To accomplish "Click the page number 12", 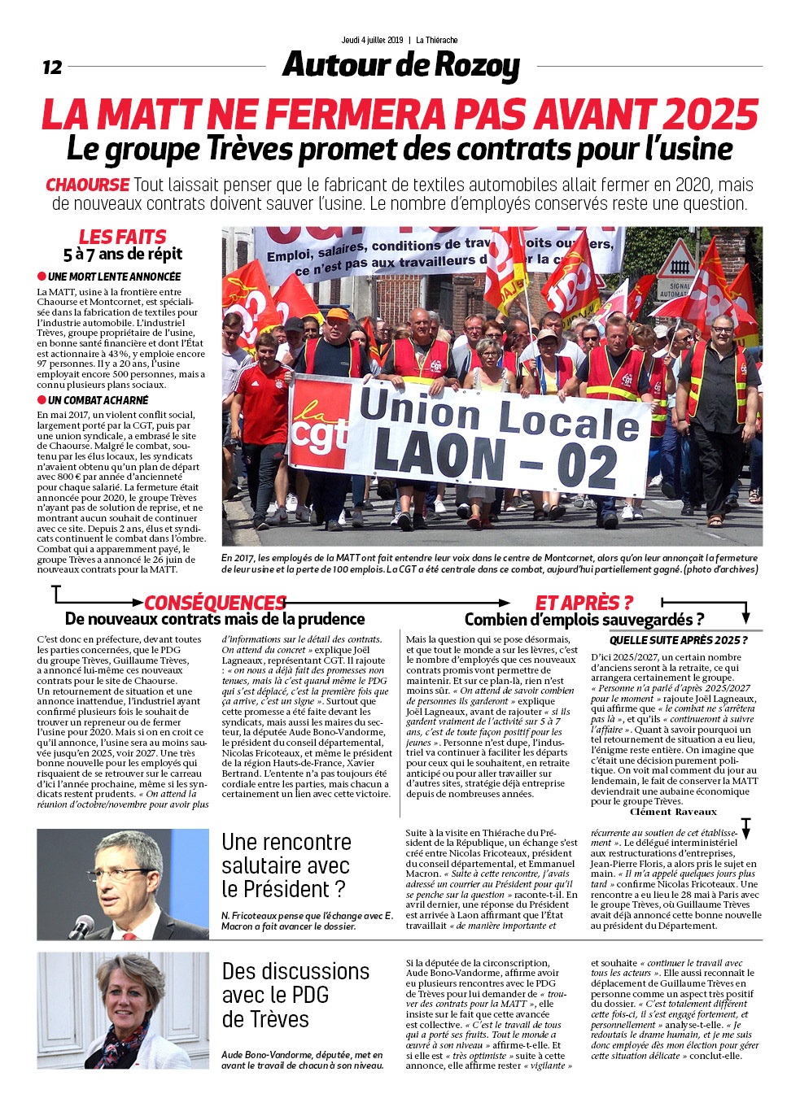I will coord(52,67).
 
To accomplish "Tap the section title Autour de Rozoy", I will coord(400,65).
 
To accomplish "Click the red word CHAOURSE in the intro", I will coord(87,185).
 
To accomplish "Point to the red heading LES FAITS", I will coord(122,237).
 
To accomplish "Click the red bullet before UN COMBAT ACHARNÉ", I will coord(42,399).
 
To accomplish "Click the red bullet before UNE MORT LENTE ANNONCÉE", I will coord(42,276).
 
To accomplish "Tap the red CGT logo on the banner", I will coord(320,425).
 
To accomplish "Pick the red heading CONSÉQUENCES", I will coord(215,603).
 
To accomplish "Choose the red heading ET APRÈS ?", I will coord(584,603).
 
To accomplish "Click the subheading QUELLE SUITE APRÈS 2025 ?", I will coord(678,640).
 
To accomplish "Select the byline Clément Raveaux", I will coord(673,812).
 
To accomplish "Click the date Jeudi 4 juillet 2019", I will coord(372,40).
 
